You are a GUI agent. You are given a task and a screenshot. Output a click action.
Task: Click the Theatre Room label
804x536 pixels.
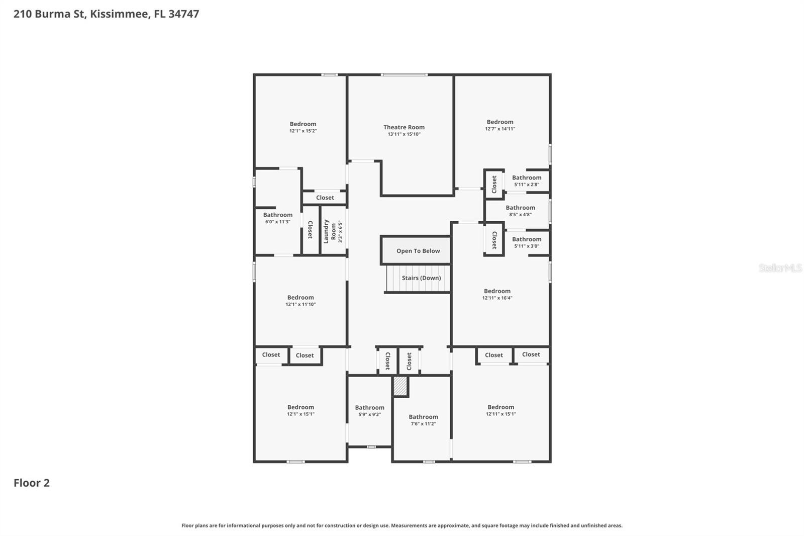(x=404, y=127)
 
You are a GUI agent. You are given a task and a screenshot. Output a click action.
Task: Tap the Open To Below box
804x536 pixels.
(x=418, y=251)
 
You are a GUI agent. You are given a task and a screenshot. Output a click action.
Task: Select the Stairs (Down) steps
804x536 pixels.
(x=418, y=279)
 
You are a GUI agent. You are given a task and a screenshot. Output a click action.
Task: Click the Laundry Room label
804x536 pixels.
(x=330, y=231)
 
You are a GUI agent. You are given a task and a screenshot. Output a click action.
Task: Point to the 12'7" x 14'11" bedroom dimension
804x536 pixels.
(x=499, y=129)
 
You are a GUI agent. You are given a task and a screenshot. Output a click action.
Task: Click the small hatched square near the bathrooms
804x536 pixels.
(x=400, y=386)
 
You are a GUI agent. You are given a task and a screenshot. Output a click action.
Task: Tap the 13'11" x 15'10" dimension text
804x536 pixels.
(x=404, y=134)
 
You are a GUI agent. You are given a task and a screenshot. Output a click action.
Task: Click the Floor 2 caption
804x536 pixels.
(x=31, y=483)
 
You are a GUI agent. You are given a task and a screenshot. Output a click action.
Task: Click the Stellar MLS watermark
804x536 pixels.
(x=780, y=268)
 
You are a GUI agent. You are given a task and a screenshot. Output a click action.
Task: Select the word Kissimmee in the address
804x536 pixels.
(x=120, y=14)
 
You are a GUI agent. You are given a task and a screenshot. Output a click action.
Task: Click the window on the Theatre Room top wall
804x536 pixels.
(x=404, y=75)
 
